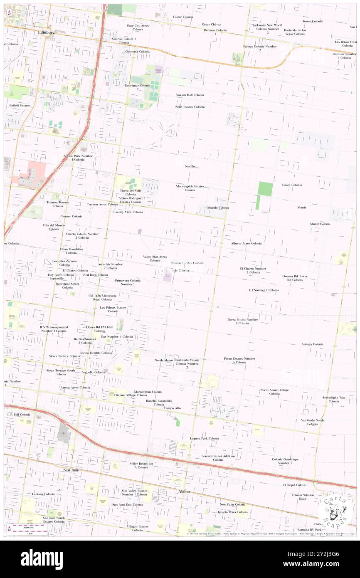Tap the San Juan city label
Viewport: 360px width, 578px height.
click(72, 470)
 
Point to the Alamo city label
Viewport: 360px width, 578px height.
click(184, 491)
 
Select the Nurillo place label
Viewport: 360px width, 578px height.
click(190, 166)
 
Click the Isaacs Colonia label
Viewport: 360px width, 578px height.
click(292, 185)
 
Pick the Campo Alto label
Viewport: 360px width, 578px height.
click(172, 408)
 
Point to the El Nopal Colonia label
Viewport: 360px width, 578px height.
click(295, 485)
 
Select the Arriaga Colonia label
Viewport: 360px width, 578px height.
click(312, 344)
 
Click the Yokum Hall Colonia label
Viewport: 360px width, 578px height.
click(190, 95)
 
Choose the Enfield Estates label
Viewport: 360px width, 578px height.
click(20, 106)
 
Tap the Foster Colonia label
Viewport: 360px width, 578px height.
click(183, 17)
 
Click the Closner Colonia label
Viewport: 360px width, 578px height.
click(71, 216)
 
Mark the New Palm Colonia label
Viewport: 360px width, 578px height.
click(232, 504)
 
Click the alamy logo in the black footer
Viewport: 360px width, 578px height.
click(42, 559)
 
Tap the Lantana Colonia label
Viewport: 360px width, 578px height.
click(43, 494)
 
